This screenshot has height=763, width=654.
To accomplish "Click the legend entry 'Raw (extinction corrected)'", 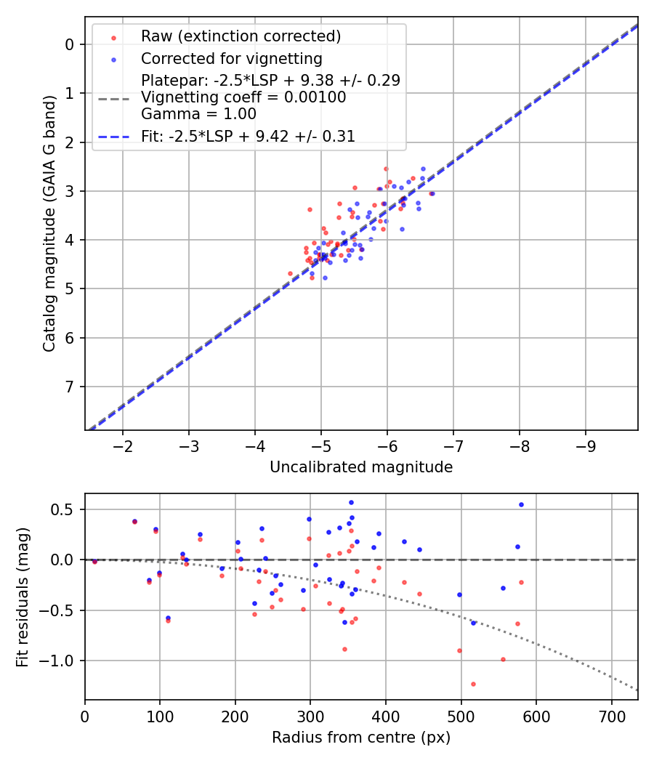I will point(241,36).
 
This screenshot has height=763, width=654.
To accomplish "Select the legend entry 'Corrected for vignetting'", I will point(231,58).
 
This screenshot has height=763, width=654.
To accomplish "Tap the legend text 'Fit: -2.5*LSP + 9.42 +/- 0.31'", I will point(248,136).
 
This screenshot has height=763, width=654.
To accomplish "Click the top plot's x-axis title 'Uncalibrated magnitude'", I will point(361,467).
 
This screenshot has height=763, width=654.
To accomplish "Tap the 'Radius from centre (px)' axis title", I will point(361,738).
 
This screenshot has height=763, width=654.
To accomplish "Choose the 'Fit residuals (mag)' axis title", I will point(23,597).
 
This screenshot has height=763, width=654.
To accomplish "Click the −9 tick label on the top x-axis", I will point(586,444).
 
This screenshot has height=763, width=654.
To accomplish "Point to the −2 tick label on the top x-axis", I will point(123,444).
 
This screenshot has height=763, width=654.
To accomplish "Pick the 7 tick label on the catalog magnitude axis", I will point(70,387).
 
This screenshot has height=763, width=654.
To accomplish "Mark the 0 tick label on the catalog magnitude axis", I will point(70,44).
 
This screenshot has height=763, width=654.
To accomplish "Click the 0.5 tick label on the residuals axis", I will point(65,509).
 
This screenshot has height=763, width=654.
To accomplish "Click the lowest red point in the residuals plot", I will point(473,684).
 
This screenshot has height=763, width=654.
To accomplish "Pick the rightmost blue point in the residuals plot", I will point(521,504).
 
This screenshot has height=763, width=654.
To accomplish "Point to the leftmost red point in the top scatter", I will point(290,273).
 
